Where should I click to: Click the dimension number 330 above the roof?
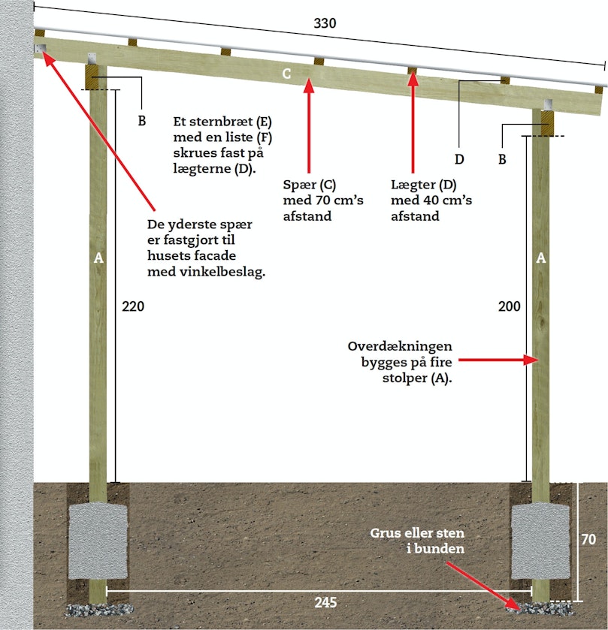[x=325, y=23]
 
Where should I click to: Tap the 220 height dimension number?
[x=133, y=306]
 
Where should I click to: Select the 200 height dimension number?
[x=509, y=306]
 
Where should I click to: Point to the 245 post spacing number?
[x=325, y=602]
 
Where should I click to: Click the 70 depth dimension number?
[x=588, y=539]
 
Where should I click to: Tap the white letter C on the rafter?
[x=286, y=74]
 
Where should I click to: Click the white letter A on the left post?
[x=98, y=258]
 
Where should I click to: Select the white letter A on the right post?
[x=541, y=258]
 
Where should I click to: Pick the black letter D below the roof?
[x=459, y=159]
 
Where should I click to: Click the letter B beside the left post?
[x=141, y=121]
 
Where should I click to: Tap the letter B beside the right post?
[x=502, y=159]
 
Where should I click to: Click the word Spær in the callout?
[x=299, y=185]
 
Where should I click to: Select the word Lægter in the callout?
[x=412, y=185]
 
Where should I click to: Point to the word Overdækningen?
[x=400, y=346]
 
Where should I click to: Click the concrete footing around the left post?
[x=98, y=541]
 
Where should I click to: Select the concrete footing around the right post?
[x=540, y=541]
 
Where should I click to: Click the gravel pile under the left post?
[x=99, y=610]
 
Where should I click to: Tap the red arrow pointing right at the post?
[x=498, y=360]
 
